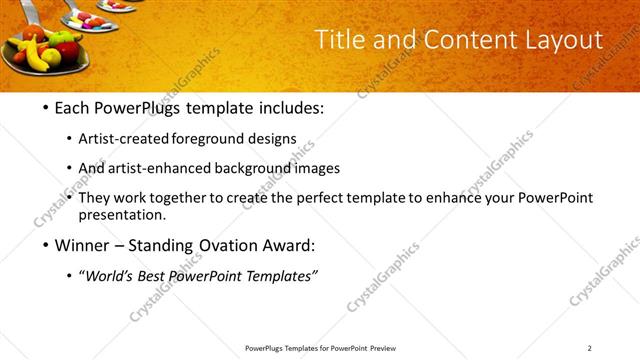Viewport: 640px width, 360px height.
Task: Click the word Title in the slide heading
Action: point(338,40)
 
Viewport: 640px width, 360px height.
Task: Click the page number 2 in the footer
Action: point(589,347)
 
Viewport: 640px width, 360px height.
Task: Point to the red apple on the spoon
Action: point(68,51)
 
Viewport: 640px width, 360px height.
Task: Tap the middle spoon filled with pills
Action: point(84,20)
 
